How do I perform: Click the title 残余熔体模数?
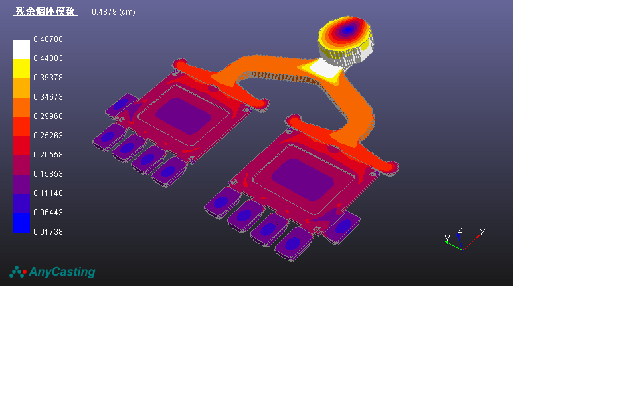click(46, 11)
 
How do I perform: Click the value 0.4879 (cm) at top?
click(114, 12)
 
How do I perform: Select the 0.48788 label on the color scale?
click(48, 39)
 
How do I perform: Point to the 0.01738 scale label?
click(48, 232)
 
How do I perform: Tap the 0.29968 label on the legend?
click(48, 116)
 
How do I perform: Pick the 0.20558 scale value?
click(48, 155)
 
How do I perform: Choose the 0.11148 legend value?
click(48, 193)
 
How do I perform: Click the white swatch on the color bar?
click(22, 49)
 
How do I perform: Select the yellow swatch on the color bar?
click(22, 69)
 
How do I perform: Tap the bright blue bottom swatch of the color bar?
click(22, 223)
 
